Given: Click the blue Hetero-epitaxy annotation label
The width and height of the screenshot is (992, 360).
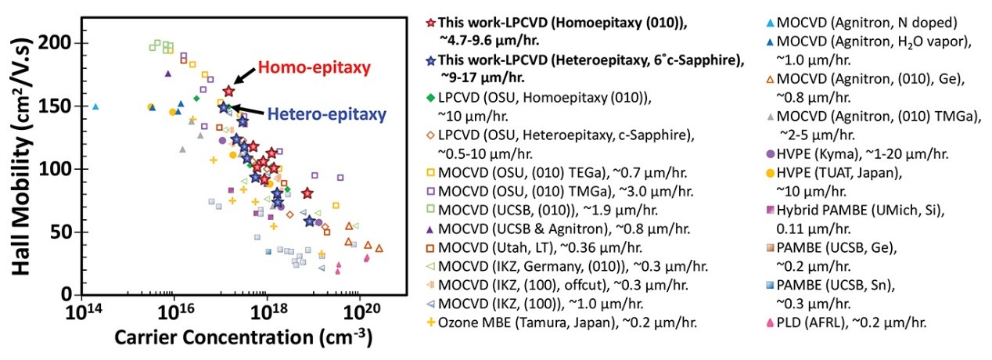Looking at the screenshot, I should pyautogui.click(x=327, y=114).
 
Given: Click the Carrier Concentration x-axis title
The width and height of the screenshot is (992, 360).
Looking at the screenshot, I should pyautogui.click(x=243, y=338).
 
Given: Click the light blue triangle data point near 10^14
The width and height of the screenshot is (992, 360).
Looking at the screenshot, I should pyautogui.click(x=95, y=106).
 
